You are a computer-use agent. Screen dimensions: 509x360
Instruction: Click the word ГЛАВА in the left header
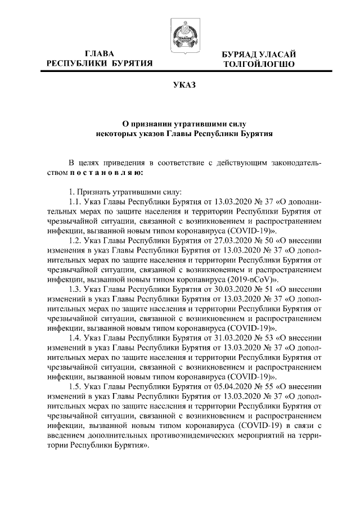(100, 53)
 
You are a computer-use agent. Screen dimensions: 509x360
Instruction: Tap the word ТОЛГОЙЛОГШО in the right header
(259, 64)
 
